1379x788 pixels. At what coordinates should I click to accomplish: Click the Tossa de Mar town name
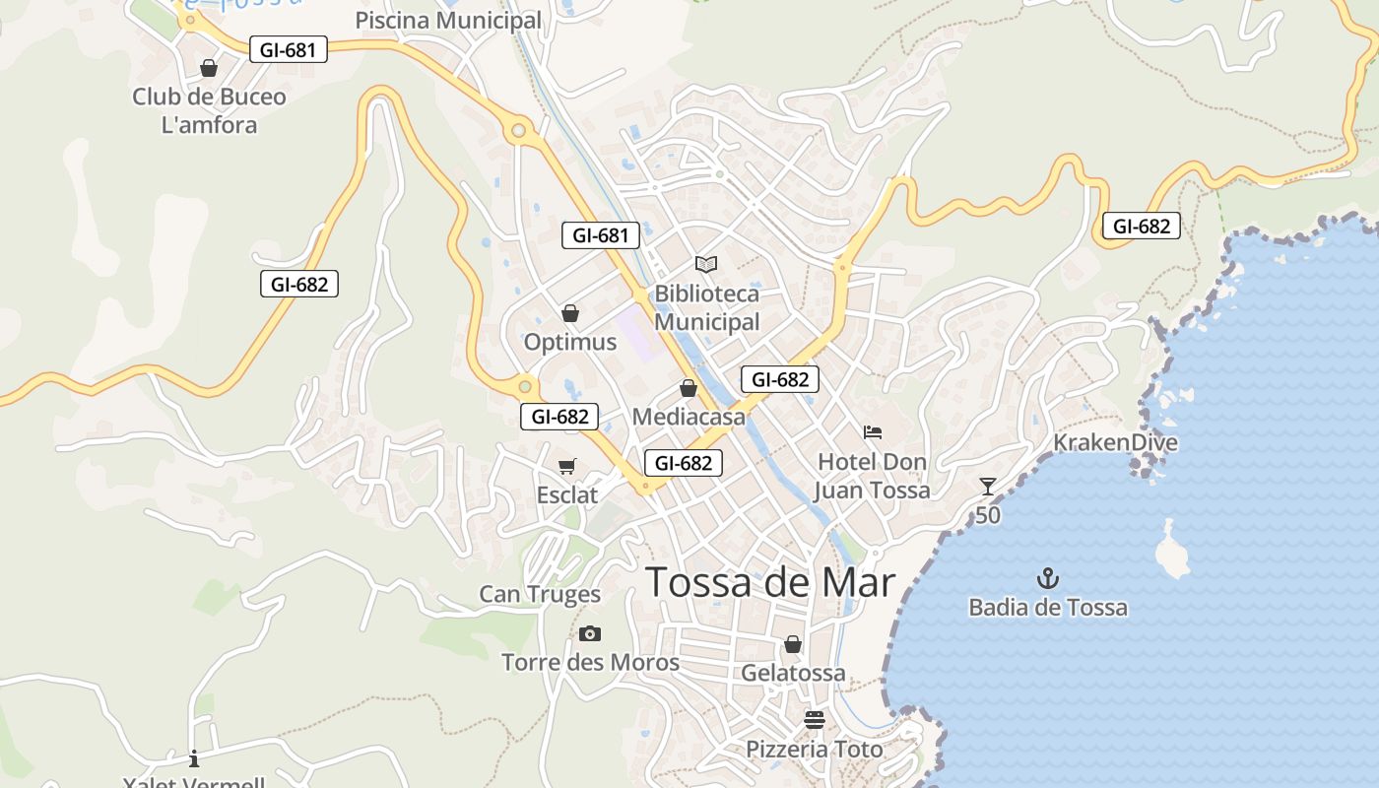(x=770, y=583)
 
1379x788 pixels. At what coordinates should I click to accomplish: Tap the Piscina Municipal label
(x=448, y=20)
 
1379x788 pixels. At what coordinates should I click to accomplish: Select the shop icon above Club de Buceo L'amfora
(x=209, y=68)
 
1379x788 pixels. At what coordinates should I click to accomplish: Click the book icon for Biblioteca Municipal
(x=706, y=264)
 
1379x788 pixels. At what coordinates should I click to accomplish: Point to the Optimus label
(x=570, y=342)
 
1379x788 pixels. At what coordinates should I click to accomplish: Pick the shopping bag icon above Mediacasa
(x=689, y=389)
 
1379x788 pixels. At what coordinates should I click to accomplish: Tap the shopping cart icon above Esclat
(x=566, y=466)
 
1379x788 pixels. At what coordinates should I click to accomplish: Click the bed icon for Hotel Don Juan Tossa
(x=873, y=432)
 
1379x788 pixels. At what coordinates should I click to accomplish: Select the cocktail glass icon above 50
(x=988, y=487)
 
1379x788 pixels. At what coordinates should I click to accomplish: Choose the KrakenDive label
(x=1115, y=442)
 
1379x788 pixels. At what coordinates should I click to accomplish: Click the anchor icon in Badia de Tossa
(x=1048, y=579)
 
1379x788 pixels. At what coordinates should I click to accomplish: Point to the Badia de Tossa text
(x=1048, y=607)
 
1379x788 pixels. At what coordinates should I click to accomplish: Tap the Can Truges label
(x=540, y=594)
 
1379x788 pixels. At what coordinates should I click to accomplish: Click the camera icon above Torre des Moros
(x=590, y=633)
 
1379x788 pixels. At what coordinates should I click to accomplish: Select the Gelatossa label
(x=793, y=673)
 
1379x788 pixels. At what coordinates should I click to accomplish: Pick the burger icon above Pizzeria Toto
(x=814, y=719)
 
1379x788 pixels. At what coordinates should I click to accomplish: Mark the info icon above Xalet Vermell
(x=194, y=757)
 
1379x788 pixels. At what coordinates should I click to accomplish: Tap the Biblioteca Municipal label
(x=707, y=307)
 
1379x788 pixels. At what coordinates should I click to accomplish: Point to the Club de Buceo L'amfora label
(x=209, y=110)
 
